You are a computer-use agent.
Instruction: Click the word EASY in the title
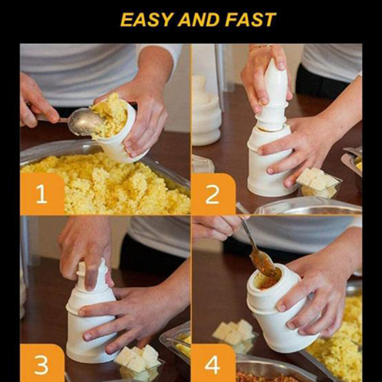point(147,20)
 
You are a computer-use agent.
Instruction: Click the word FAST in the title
point(250,20)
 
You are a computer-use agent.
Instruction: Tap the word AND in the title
point(199,20)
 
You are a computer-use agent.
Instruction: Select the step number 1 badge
point(42,194)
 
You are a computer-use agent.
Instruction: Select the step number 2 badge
point(213,194)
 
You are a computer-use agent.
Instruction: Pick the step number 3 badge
point(42,363)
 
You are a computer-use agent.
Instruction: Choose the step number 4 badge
point(213,363)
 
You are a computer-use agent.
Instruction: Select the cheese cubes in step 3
point(138,359)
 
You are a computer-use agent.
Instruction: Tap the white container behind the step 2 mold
point(207,111)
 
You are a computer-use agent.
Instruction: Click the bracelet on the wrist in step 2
point(259,47)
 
